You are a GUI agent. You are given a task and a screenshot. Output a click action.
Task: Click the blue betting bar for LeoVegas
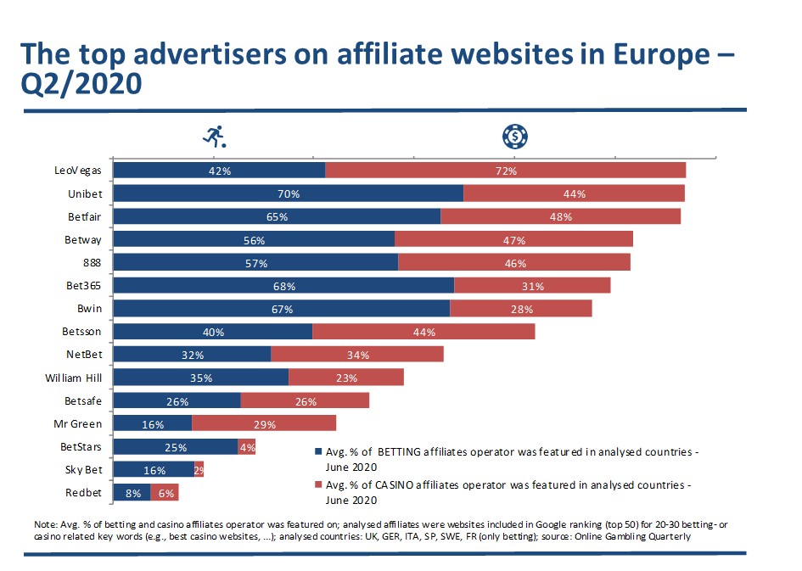point(218,171)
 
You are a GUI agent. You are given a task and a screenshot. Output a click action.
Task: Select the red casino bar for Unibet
point(574,193)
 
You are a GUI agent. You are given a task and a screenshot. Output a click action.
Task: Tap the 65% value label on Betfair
point(277,216)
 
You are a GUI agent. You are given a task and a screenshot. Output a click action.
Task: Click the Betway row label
point(83,240)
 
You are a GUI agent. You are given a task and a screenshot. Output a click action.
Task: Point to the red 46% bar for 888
point(514,263)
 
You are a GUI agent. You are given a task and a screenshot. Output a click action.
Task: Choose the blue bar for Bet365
point(283,286)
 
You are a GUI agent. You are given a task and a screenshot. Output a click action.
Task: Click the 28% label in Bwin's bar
point(522,310)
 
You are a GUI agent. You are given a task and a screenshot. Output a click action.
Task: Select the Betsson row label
point(82,332)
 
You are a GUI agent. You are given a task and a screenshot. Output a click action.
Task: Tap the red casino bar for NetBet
point(357,355)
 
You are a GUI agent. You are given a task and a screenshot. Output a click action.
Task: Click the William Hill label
point(74,378)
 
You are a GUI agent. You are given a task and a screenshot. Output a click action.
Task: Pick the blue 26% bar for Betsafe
point(177,400)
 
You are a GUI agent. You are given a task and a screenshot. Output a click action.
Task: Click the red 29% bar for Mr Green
point(264,423)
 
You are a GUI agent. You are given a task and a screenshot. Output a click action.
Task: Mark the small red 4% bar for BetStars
point(247,446)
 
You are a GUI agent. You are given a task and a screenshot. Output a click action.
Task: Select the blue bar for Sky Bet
point(153,469)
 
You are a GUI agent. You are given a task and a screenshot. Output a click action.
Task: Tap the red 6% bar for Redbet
point(165,493)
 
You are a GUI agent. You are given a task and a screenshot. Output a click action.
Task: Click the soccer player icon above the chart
point(214,135)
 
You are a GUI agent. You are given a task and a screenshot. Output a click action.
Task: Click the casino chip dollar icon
point(514,135)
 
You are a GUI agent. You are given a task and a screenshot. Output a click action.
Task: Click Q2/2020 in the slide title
point(81,86)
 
